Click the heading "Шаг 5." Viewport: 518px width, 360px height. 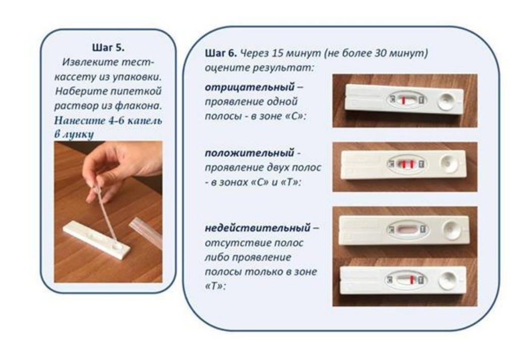(x=109, y=47)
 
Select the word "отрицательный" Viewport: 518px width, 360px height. (x=250, y=87)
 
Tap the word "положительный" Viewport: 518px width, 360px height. (x=249, y=153)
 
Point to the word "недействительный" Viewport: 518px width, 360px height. (x=257, y=228)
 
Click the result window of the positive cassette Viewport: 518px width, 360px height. (x=406, y=164)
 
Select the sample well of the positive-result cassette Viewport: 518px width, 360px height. (x=449, y=164)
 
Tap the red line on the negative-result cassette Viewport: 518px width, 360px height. (x=403, y=100)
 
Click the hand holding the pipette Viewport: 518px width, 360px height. (x=122, y=169)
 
